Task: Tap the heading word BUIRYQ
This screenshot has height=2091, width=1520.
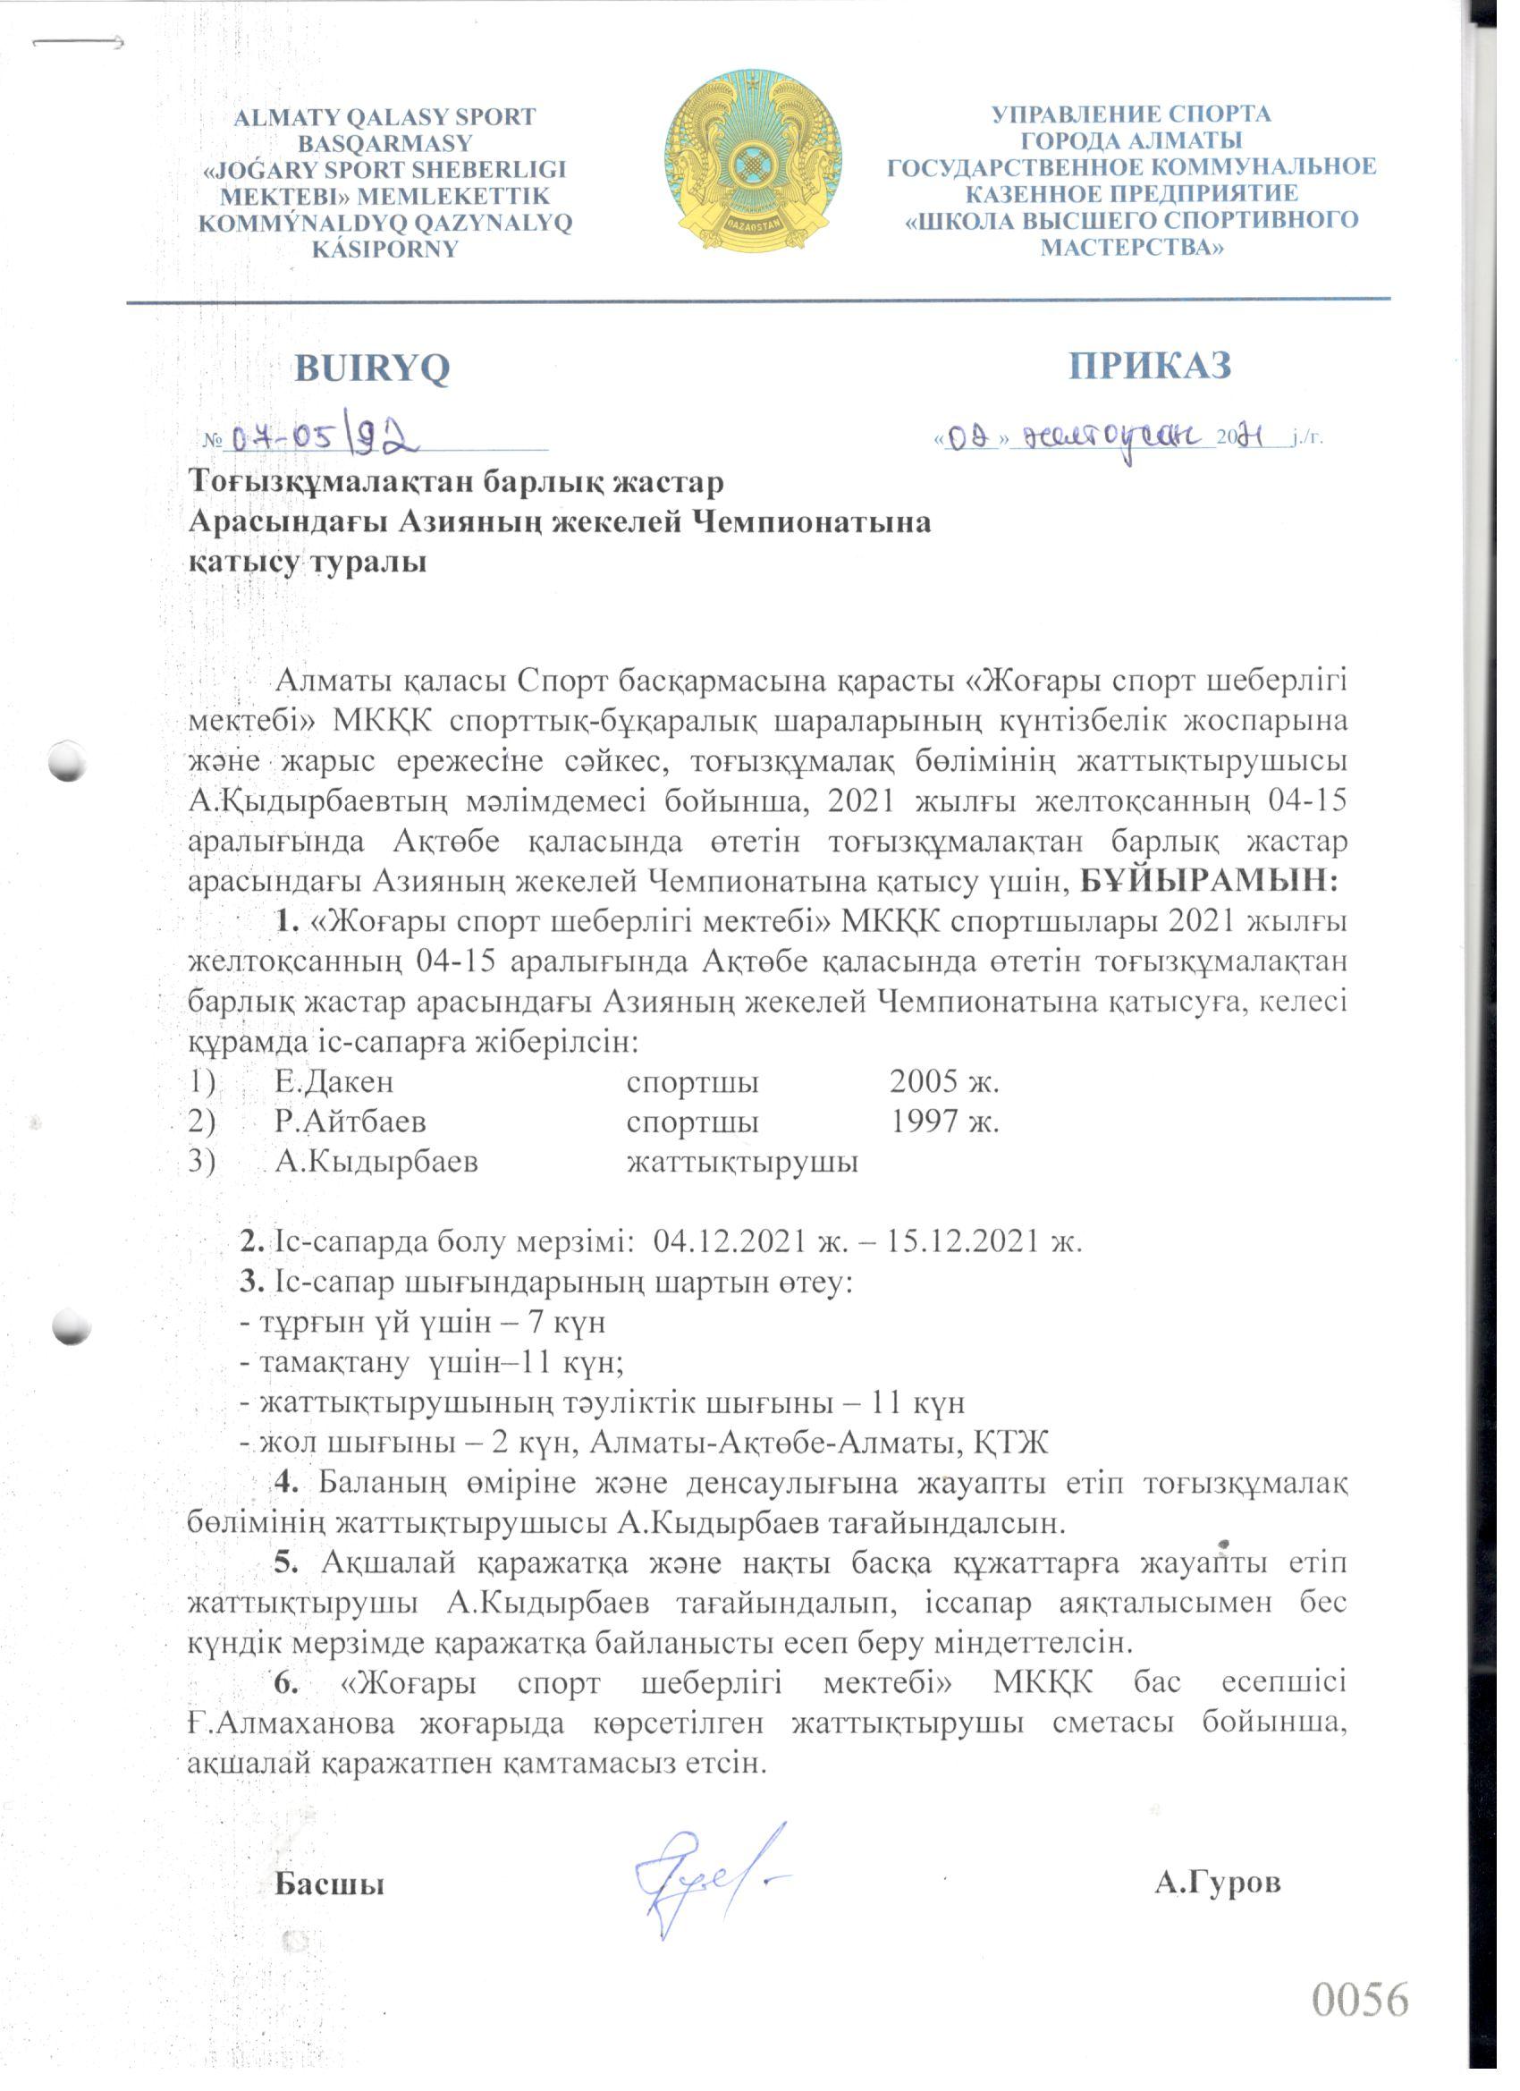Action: pyautogui.click(x=372, y=368)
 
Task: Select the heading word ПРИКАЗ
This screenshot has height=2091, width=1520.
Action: pyautogui.click(x=1150, y=366)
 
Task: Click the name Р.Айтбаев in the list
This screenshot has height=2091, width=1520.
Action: pyautogui.click(x=350, y=1122)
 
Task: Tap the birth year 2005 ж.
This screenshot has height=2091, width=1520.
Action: pyautogui.click(x=944, y=1081)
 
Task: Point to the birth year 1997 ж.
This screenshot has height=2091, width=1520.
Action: pyautogui.click(x=944, y=1122)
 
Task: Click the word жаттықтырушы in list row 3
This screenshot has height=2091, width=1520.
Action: pyautogui.click(x=742, y=1162)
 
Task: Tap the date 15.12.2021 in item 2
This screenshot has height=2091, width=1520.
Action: pyautogui.click(x=967, y=1242)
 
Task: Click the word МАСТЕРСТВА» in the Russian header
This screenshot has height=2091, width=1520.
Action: pyautogui.click(x=1132, y=247)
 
